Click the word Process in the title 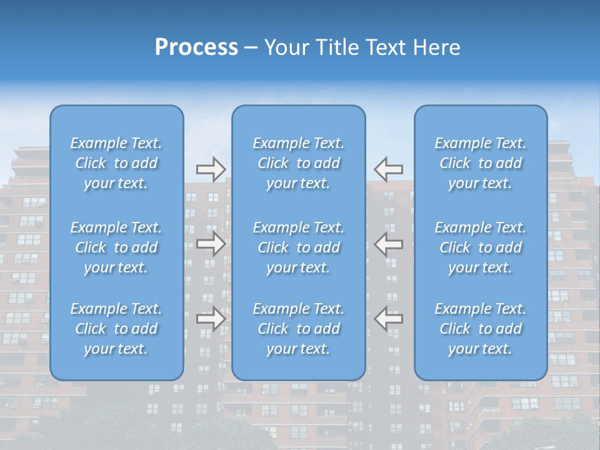click(196, 47)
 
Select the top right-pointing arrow click(211, 169)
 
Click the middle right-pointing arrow click(211, 244)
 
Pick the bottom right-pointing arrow click(211, 319)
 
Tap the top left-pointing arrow click(389, 169)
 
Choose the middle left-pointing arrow click(389, 244)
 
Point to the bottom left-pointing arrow click(389, 319)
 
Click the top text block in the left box click(116, 163)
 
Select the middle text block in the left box click(116, 247)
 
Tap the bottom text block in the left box click(116, 329)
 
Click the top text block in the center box click(299, 163)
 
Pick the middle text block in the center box click(299, 247)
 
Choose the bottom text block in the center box click(299, 329)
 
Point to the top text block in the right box click(481, 163)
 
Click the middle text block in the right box click(481, 247)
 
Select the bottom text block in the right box click(481, 329)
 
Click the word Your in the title click(287, 47)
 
